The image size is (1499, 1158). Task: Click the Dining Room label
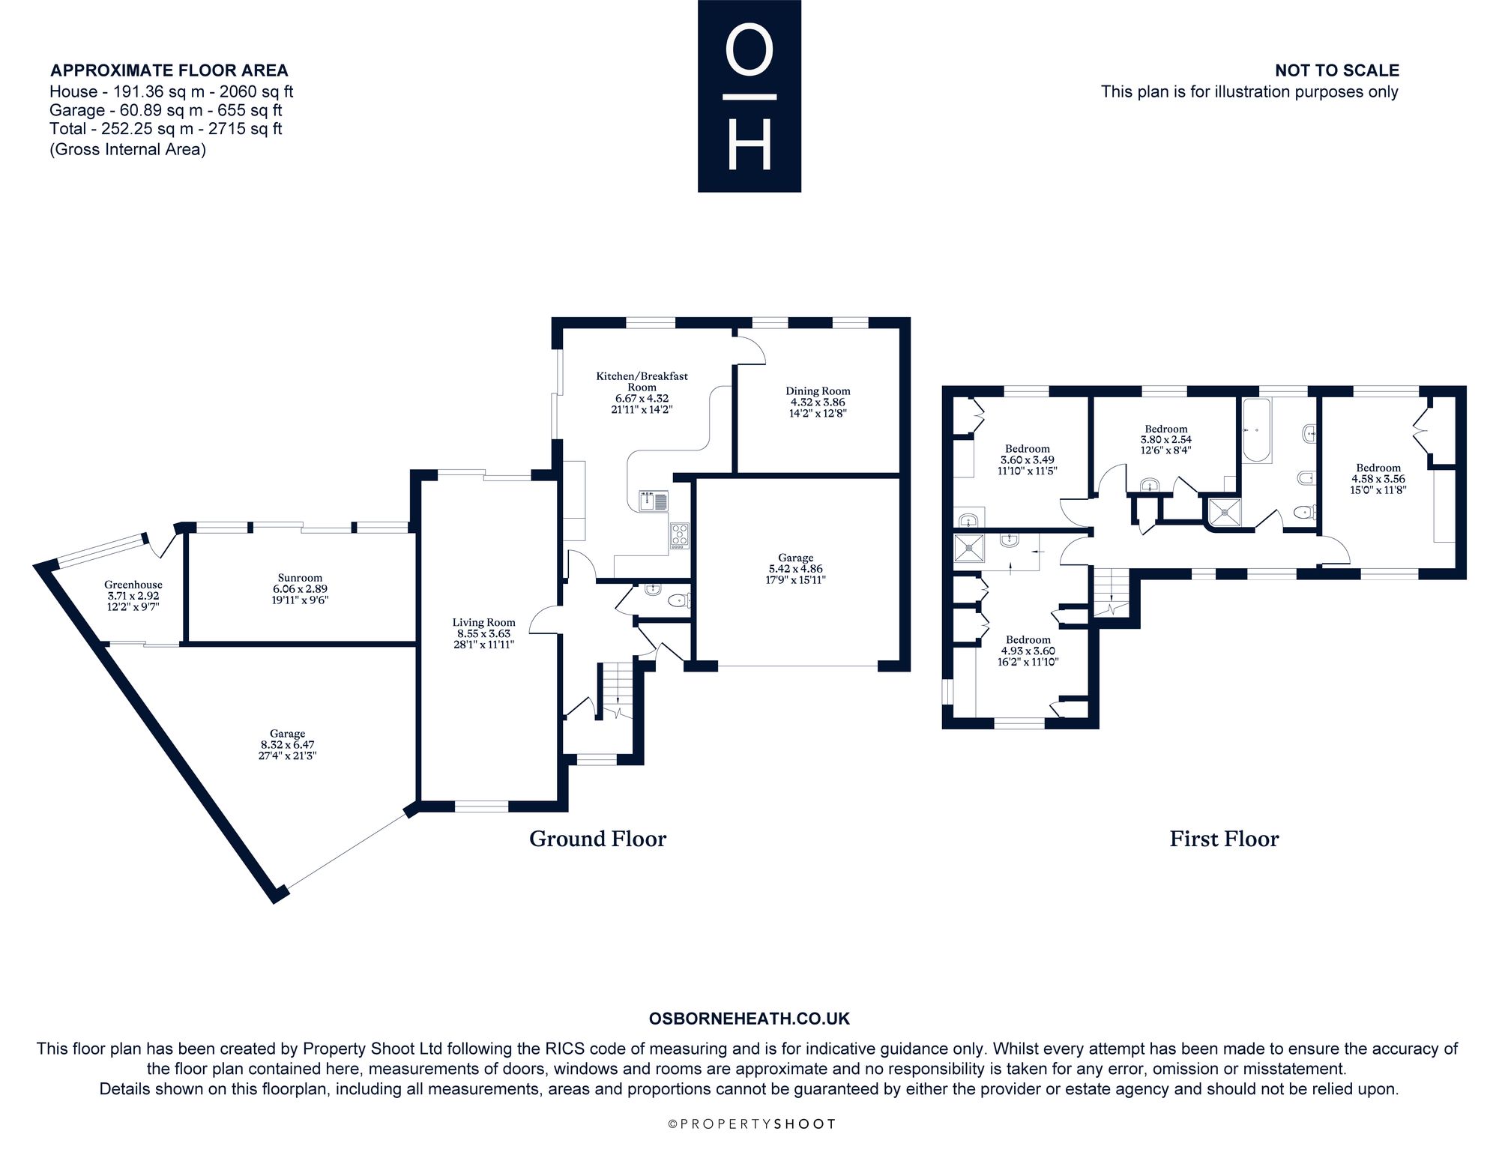(x=818, y=391)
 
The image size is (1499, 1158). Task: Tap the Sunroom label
(x=300, y=578)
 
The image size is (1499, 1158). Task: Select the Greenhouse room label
(x=133, y=585)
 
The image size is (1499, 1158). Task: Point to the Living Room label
(x=483, y=622)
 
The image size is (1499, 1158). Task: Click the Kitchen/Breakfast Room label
(x=642, y=382)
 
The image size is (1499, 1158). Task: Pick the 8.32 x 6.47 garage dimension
(x=287, y=745)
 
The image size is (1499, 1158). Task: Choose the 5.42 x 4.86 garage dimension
(x=795, y=569)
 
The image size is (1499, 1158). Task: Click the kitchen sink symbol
(x=654, y=501)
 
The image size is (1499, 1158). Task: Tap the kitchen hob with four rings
(x=679, y=535)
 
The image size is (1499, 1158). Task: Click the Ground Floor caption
(x=597, y=839)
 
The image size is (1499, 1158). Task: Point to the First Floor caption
(x=1224, y=839)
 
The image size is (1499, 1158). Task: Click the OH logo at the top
(x=749, y=96)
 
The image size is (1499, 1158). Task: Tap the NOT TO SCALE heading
(x=1337, y=70)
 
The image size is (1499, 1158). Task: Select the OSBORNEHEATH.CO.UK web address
(x=749, y=1019)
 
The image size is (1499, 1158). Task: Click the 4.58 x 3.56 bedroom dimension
(x=1378, y=479)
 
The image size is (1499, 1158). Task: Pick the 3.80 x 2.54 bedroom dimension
(x=1166, y=440)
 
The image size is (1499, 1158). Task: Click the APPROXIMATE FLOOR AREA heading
(x=169, y=70)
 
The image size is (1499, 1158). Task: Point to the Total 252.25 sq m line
(x=166, y=128)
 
